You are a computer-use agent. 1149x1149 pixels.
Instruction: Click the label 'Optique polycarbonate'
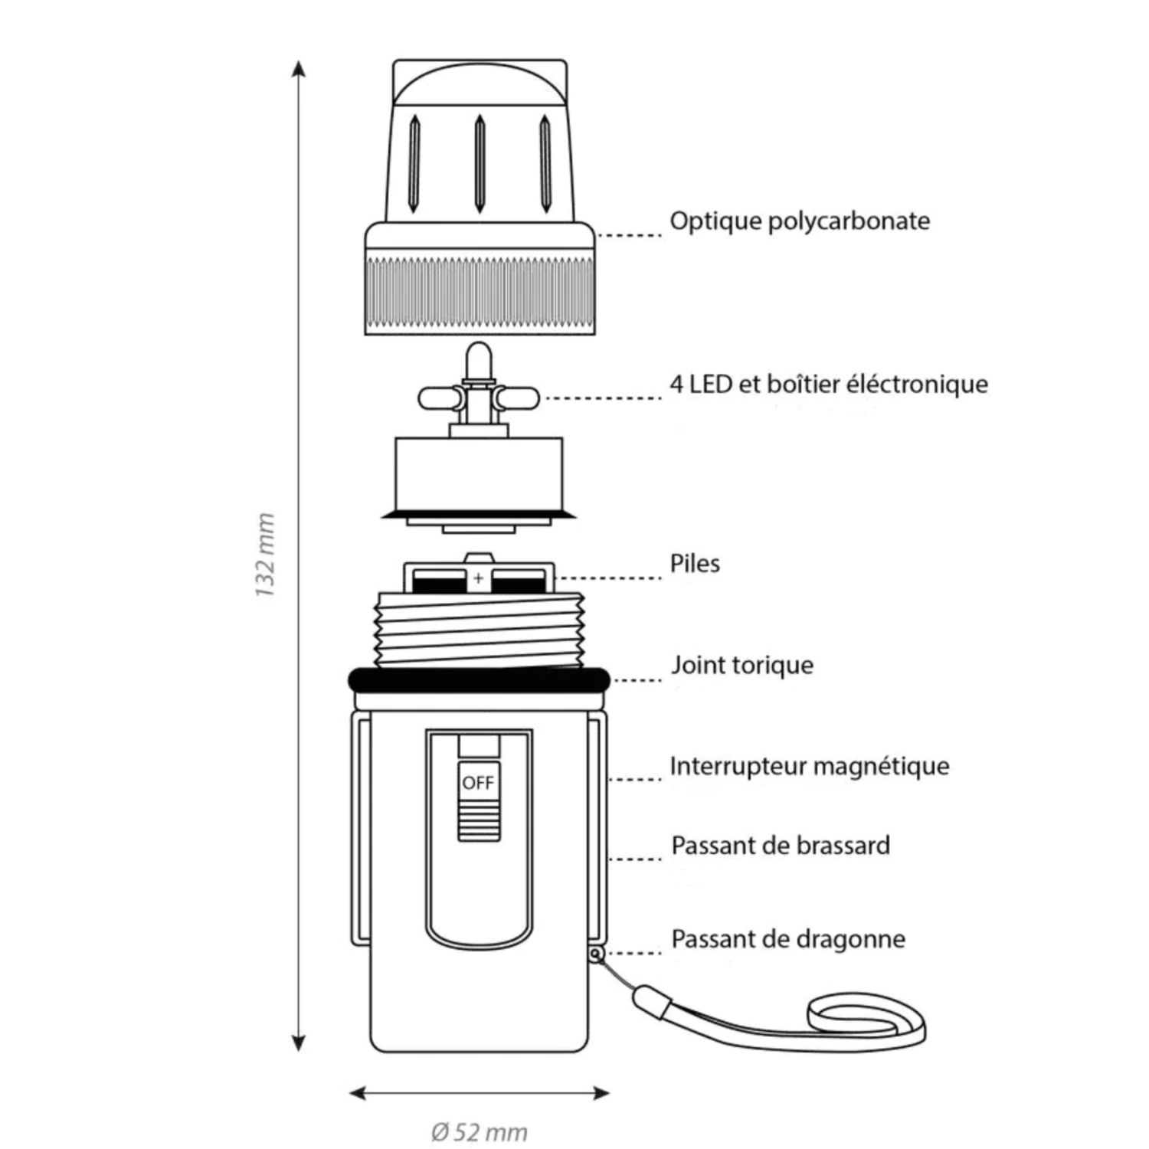(x=800, y=221)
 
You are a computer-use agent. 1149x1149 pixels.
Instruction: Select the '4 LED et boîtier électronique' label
(x=828, y=384)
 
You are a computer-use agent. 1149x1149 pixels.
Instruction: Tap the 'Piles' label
(x=695, y=564)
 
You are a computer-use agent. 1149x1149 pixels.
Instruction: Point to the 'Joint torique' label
(x=741, y=665)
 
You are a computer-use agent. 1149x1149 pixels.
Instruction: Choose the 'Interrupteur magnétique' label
(x=809, y=766)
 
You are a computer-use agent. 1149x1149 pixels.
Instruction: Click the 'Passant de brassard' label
(x=780, y=846)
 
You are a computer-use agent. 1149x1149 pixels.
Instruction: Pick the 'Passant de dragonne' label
(x=787, y=939)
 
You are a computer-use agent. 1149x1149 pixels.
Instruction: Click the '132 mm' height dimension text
(x=265, y=555)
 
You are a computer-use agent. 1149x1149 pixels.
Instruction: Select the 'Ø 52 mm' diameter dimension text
(x=479, y=1132)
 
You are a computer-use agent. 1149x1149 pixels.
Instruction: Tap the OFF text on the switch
(x=478, y=783)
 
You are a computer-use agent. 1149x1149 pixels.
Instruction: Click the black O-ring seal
(x=479, y=679)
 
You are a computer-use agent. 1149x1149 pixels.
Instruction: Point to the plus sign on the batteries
(x=479, y=578)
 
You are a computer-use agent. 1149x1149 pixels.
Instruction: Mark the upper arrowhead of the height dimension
(x=300, y=70)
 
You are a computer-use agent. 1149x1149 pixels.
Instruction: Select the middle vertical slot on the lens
(x=480, y=163)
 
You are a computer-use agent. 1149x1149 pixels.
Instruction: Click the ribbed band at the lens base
(x=480, y=295)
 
